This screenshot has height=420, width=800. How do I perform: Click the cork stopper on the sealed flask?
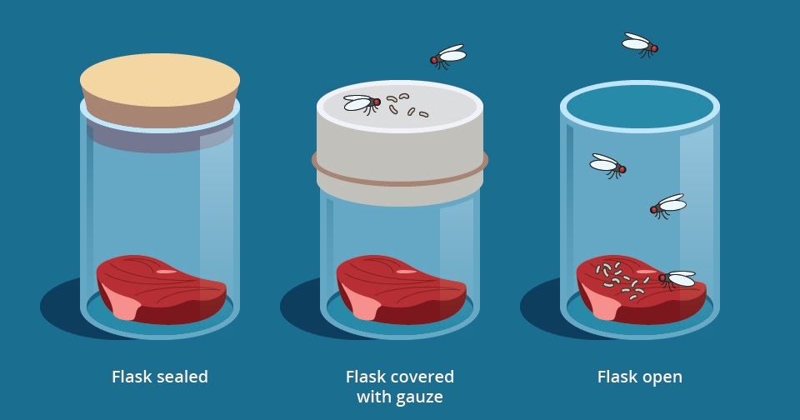(160, 89)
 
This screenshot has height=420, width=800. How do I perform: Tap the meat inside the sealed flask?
(161, 289)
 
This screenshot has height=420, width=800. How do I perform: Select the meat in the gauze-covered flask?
(401, 289)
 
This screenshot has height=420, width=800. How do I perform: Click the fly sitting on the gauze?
(362, 104)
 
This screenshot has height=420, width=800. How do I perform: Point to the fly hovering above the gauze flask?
(448, 56)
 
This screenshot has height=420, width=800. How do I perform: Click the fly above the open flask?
(640, 45)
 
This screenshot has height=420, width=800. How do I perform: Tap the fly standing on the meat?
(677, 279)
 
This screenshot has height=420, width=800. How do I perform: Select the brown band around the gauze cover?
(399, 169)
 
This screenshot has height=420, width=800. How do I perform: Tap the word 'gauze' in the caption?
(417, 397)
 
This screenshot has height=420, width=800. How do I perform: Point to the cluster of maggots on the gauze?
(407, 105)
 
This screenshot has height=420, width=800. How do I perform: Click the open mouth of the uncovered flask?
(640, 107)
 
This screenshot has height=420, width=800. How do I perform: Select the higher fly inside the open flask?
(607, 165)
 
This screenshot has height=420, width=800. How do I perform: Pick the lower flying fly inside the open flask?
(668, 206)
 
